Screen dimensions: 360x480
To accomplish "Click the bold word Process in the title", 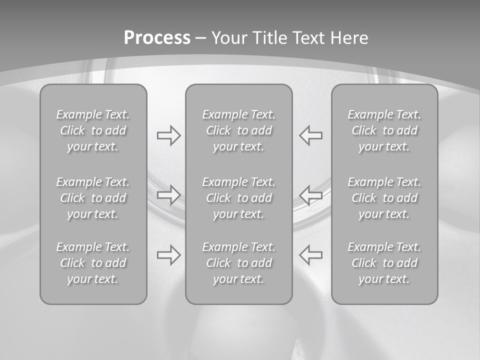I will [x=157, y=38].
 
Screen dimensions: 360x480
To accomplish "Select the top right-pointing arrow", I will [x=168, y=135].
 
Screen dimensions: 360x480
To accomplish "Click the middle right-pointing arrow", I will [x=168, y=194].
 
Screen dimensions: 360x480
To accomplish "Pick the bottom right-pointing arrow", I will [x=168, y=254].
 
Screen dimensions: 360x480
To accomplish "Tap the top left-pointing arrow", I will [x=310, y=135].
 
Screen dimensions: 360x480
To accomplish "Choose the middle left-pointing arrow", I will [x=310, y=194].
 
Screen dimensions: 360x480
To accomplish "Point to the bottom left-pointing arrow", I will [x=310, y=254].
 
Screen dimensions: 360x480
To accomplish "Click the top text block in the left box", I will [x=93, y=130].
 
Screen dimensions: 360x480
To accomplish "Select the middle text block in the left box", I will [x=93, y=198].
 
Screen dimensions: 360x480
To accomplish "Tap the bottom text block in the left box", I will [x=93, y=263].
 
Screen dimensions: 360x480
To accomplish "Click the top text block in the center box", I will [x=239, y=130].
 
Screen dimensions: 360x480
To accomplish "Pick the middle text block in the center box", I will [x=239, y=198].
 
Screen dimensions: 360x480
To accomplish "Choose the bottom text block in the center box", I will [x=239, y=263].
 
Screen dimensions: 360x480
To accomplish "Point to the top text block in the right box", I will [x=384, y=130].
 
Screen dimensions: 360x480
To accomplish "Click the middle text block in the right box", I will [x=384, y=198].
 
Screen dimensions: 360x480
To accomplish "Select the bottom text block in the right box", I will [x=384, y=263].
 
